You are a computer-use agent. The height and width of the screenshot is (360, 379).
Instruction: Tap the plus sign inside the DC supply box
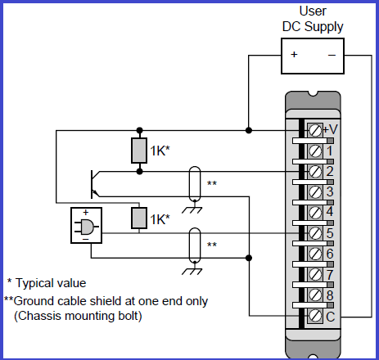(x=294, y=56)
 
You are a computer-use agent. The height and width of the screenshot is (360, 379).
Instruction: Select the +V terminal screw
(x=314, y=130)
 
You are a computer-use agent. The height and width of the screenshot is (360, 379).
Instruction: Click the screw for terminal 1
(x=314, y=151)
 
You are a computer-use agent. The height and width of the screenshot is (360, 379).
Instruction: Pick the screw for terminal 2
(x=314, y=172)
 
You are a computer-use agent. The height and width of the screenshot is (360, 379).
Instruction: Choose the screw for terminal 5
(x=314, y=233)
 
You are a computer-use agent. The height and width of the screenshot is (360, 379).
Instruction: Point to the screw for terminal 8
(x=314, y=295)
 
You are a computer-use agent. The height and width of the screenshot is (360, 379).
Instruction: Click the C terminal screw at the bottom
(x=314, y=315)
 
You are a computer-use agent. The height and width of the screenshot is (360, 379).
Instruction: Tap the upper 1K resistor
(x=139, y=151)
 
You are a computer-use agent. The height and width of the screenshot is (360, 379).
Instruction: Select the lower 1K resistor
(x=139, y=218)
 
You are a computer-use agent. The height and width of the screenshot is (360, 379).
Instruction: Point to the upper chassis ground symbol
(x=193, y=208)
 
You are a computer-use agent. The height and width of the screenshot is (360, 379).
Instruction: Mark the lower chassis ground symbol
(x=193, y=269)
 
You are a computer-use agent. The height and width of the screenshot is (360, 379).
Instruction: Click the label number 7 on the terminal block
(x=329, y=274)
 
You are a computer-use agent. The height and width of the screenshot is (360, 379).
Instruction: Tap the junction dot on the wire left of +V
(x=249, y=130)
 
